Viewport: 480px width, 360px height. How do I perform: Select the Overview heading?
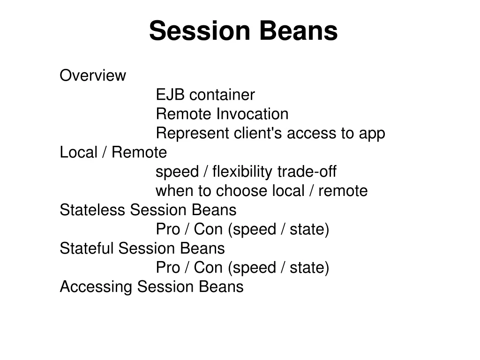coord(93,75)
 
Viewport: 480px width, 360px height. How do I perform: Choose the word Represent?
coord(193,133)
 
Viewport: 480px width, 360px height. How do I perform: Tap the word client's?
coord(258,133)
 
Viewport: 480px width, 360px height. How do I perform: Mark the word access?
coord(311,133)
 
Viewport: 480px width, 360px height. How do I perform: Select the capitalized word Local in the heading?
coord(78,152)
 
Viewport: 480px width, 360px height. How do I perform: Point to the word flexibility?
coord(242,172)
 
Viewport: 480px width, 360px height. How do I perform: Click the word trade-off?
coord(307,172)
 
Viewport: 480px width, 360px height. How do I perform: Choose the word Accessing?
coord(96,287)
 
